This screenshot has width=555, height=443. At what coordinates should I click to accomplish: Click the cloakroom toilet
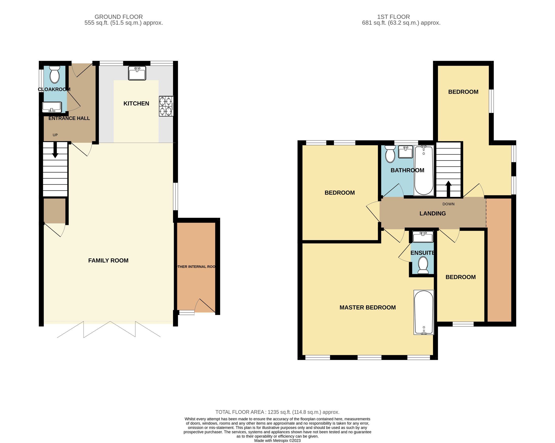(54, 74)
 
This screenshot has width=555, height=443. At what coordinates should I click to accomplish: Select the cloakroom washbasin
(52, 107)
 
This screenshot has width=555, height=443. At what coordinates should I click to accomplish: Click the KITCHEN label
(136, 103)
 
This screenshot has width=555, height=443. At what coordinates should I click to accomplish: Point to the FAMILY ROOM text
(108, 260)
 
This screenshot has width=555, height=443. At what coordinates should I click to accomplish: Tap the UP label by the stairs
(55, 135)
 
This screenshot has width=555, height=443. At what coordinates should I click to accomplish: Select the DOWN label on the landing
(449, 204)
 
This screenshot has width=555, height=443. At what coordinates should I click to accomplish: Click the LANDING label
(433, 213)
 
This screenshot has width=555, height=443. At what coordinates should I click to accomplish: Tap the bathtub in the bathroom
(424, 170)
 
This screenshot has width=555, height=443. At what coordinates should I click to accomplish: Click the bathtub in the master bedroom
(424, 312)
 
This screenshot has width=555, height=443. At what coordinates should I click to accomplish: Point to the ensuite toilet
(423, 265)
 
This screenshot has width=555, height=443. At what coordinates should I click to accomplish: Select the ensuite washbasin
(423, 237)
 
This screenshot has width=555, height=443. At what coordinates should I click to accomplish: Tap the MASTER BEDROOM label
(367, 307)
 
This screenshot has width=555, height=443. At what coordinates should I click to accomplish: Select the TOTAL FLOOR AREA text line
(277, 412)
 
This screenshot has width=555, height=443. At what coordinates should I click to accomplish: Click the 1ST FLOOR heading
(393, 17)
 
